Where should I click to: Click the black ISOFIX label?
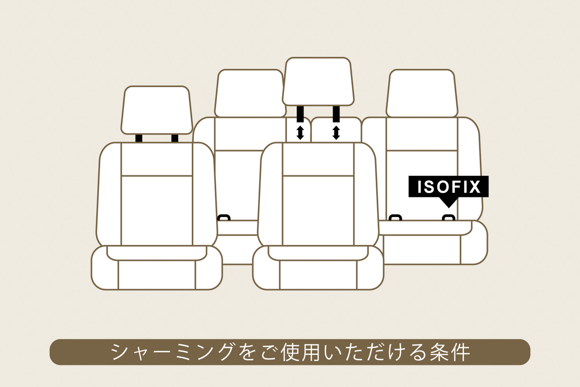[448, 186]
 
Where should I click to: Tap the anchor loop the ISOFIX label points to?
[449, 217]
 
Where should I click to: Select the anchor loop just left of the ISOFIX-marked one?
[395, 217]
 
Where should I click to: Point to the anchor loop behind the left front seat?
[224, 217]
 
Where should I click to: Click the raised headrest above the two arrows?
[318, 82]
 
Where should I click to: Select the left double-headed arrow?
[300, 133]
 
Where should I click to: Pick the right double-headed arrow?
[336, 133]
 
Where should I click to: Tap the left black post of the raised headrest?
[300, 114]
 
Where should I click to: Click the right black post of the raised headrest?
[336, 114]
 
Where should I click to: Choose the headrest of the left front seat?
[157, 110]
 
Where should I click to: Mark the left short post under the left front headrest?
[139, 138]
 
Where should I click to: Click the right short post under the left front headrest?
[175, 138]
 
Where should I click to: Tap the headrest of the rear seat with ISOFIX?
[422, 93]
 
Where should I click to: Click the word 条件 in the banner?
[450, 352]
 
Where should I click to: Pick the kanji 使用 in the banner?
[300, 352]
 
